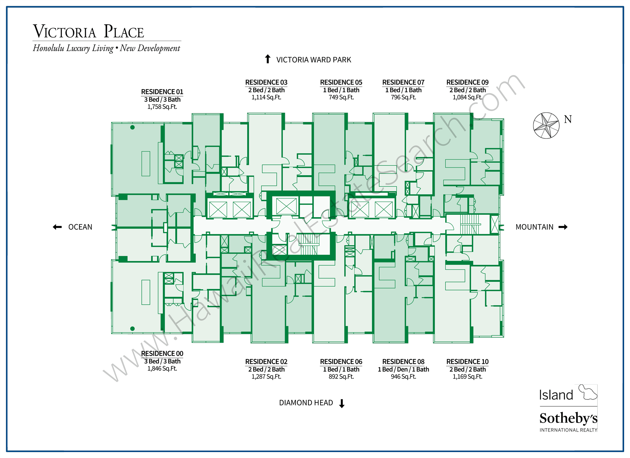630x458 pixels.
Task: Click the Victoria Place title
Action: (x=88, y=32)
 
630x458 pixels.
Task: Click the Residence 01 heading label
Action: (x=162, y=92)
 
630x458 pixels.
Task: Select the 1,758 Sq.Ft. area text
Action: (x=162, y=107)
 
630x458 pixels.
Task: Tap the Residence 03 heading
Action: (x=266, y=82)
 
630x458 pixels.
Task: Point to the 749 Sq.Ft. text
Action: (x=341, y=97)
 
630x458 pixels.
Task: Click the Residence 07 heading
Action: (x=403, y=82)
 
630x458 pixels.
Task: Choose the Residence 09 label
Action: (x=467, y=82)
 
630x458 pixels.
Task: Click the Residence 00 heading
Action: (x=162, y=353)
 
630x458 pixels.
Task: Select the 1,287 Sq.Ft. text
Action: (x=266, y=377)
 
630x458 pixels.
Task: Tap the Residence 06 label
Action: (x=341, y=362)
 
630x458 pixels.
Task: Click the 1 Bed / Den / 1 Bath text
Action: (x=403, y=369)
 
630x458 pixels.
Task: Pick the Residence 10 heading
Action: (x=467, y=362)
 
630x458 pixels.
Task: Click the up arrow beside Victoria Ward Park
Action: (x=268, y=59)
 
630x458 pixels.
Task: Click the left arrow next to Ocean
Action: (x=57, y=227)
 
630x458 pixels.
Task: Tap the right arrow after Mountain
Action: (x=563, y=227)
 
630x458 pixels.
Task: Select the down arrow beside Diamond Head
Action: (x=342, y=404)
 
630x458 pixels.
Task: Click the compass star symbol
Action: (x=546, y=126)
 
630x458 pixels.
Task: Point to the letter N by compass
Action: (x=568, y=119)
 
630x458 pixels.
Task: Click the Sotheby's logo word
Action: (x=568, y=418)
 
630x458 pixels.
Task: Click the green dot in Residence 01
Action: (x=132, y=127)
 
